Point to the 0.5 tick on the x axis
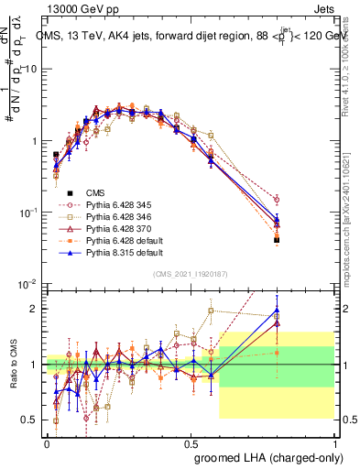tap(191, 442)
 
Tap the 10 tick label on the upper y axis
tap(30, 70)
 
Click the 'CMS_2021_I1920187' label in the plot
tap(191, 273)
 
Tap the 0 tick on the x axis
tap(47, 442)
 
